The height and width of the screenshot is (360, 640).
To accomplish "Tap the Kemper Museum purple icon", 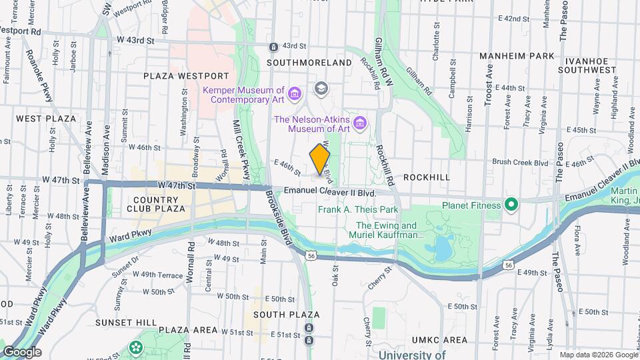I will (296, 91).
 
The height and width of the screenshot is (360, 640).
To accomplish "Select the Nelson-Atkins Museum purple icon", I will (360, 123).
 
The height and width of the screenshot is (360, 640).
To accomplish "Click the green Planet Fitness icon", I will (511, 203).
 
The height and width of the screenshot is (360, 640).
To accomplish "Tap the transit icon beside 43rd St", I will (273, 47).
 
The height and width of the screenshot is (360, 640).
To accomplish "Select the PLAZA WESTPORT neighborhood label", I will (186, 76).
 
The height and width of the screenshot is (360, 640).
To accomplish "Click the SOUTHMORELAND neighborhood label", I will (309, 63).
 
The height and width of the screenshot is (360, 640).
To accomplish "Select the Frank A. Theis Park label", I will (357, 209).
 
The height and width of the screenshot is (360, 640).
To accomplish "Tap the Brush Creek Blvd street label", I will (520, 162).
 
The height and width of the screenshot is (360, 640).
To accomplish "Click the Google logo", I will (22, 352).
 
